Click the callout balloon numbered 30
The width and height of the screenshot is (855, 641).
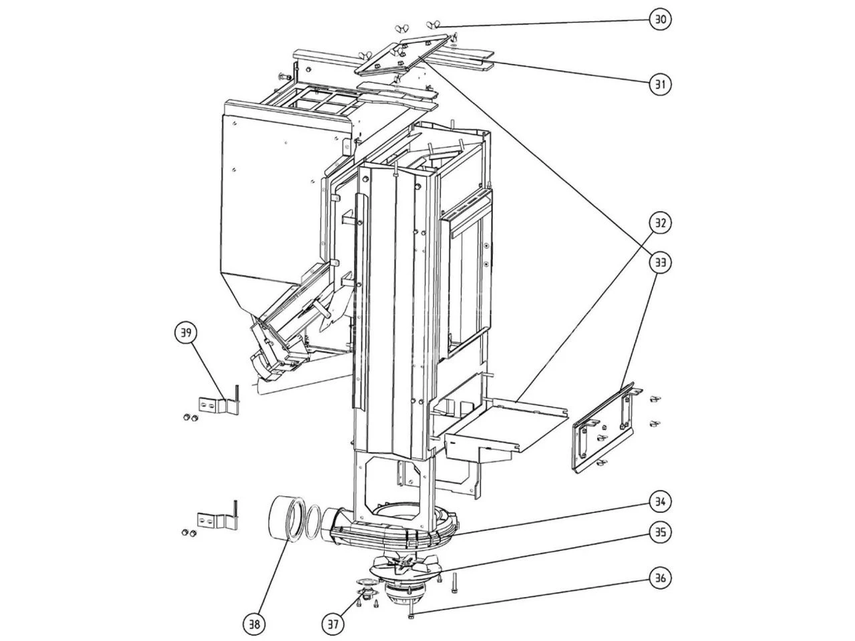pos(660,19)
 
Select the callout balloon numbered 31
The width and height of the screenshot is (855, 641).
pos(660,84)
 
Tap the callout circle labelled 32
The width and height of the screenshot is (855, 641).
pos(660,223)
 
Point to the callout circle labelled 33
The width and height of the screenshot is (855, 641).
pos(660,262)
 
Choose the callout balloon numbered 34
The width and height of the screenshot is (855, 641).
pos(660,501)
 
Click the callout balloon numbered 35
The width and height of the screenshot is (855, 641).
pos(660,533)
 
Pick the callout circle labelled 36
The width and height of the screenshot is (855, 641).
pos(660,578)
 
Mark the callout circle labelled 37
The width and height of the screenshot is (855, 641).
pos(334,624)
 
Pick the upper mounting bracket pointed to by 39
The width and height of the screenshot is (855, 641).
pos(217,405)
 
